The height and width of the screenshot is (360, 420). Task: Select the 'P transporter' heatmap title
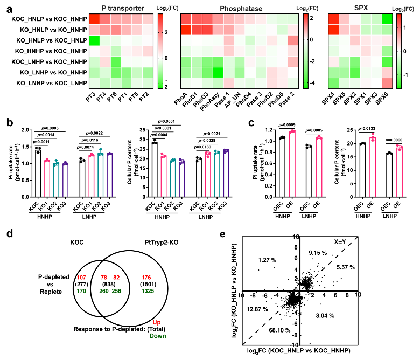point(121,8)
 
